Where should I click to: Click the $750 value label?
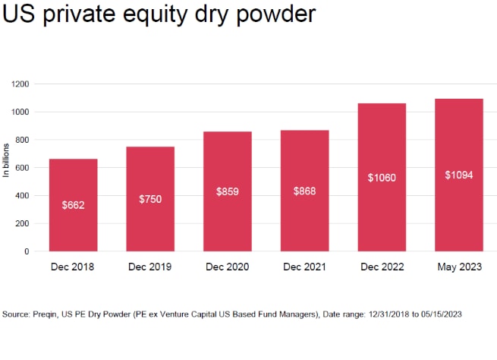pos(150,199)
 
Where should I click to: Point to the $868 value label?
pos(304,191)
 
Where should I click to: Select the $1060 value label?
pos(381,178)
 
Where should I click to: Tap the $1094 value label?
pos(458,175)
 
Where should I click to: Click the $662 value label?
pos(73,205)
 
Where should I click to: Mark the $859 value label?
pos(227,191)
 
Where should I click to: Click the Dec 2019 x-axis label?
pos(150,267)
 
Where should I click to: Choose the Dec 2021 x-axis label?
pos(304,267)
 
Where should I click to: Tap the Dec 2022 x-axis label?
pos(381,267)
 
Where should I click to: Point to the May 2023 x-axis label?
pos(458,267)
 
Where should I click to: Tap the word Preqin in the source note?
pos(48,314)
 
